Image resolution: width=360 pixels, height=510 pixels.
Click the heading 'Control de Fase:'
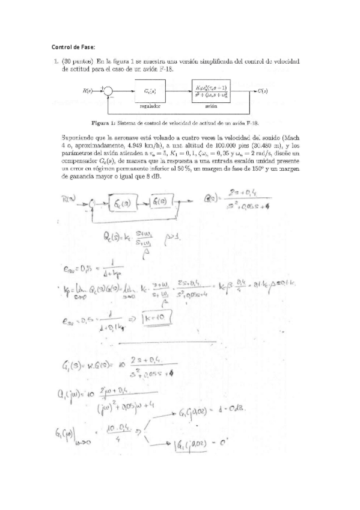(73, 48)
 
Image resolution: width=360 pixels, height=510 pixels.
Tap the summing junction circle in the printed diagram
(109, 91)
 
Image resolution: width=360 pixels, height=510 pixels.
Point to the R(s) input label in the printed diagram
(90, 91)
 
